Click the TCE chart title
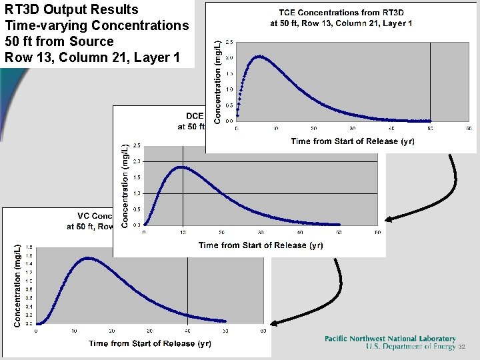[x=341, y=17]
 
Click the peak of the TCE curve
[x=260, y=57]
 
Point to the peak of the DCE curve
[x=181, y=167]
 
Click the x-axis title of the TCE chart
[x=344, y=141]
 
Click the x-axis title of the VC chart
[x=150, y=343]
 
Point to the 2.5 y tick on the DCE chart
[x=137, y=145]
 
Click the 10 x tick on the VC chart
[x=74, y=331]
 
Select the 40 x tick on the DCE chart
[x=300, y=232]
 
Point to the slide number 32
[x=461, y=347]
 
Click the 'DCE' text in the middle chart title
[x=194, y=115]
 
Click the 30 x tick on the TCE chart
[x=353, y=128]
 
